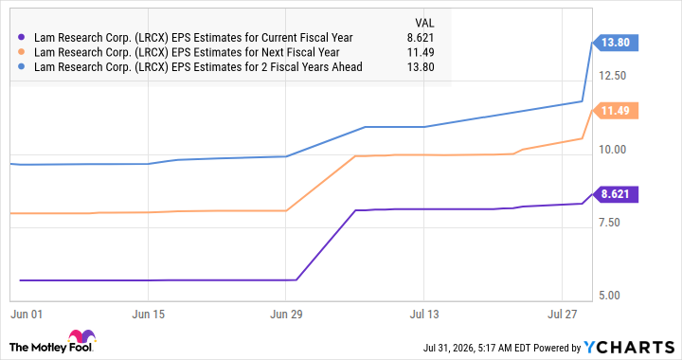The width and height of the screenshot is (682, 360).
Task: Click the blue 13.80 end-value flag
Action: (615, 43)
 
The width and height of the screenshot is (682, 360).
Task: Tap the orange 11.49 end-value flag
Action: (615, 111)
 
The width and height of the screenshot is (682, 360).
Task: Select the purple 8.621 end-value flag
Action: (615, 194)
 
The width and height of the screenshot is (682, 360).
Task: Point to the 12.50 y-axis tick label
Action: (613, 76)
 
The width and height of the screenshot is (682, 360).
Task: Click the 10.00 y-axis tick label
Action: (613, 149)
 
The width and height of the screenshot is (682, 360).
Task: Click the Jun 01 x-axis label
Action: (27, 314)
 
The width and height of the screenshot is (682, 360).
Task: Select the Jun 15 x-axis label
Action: (149, 314)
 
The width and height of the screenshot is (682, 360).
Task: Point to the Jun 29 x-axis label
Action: (286, 314)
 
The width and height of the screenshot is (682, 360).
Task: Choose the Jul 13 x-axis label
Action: (424, 314)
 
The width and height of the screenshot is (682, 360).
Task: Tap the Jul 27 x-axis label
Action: (562, 314)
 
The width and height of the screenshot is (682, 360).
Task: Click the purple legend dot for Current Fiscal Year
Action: (22, 37)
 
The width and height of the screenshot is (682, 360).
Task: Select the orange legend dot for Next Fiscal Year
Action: (22, 52)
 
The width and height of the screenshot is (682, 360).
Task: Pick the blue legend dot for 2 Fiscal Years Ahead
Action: (22, 67)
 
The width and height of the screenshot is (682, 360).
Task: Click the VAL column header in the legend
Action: (424, 23)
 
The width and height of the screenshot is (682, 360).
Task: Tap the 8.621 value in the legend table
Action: (421, 38)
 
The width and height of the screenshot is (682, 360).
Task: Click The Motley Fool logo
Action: (52, 342)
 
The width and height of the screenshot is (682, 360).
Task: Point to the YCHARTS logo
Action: (629, 348)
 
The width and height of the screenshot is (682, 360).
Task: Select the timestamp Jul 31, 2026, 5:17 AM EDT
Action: (477, 348)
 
